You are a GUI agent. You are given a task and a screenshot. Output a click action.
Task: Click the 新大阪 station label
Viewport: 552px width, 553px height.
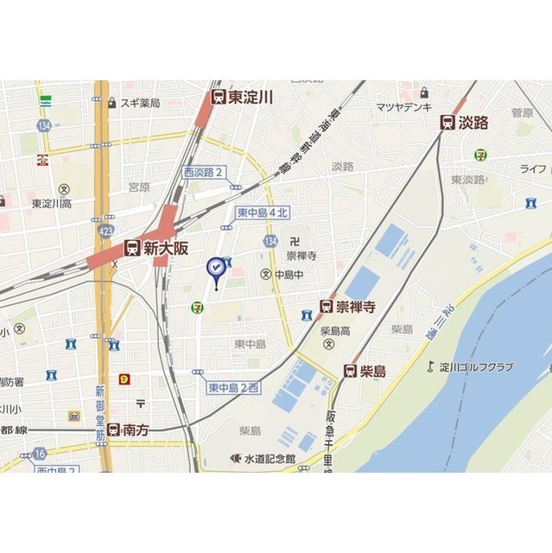(166, 248)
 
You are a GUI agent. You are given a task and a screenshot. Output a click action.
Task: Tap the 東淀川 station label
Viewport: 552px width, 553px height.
(251, 98)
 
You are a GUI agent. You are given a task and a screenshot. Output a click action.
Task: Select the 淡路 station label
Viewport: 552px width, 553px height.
(474, 123)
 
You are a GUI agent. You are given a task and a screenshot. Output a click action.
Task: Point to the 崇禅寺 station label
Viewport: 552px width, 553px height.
(354, 305)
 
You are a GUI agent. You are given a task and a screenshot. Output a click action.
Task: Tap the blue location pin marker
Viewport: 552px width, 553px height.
(215, 271)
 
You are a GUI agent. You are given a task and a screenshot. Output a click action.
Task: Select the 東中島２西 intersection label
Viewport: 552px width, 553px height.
(233, 389)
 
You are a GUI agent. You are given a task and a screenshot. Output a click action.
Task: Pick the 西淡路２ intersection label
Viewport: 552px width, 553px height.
(204, 172)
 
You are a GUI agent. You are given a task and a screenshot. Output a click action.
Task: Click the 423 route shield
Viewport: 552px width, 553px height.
(106, 231)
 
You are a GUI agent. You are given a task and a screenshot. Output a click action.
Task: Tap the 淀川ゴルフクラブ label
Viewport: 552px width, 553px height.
(475, 367)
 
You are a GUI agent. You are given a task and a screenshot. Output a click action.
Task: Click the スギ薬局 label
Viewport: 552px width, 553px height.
(140, 103)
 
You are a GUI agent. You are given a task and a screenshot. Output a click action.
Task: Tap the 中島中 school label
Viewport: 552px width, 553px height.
(289, 275)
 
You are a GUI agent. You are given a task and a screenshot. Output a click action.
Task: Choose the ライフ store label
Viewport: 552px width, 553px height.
(532, 168)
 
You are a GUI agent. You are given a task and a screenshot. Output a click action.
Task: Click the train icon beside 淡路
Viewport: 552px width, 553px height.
(447, 123)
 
